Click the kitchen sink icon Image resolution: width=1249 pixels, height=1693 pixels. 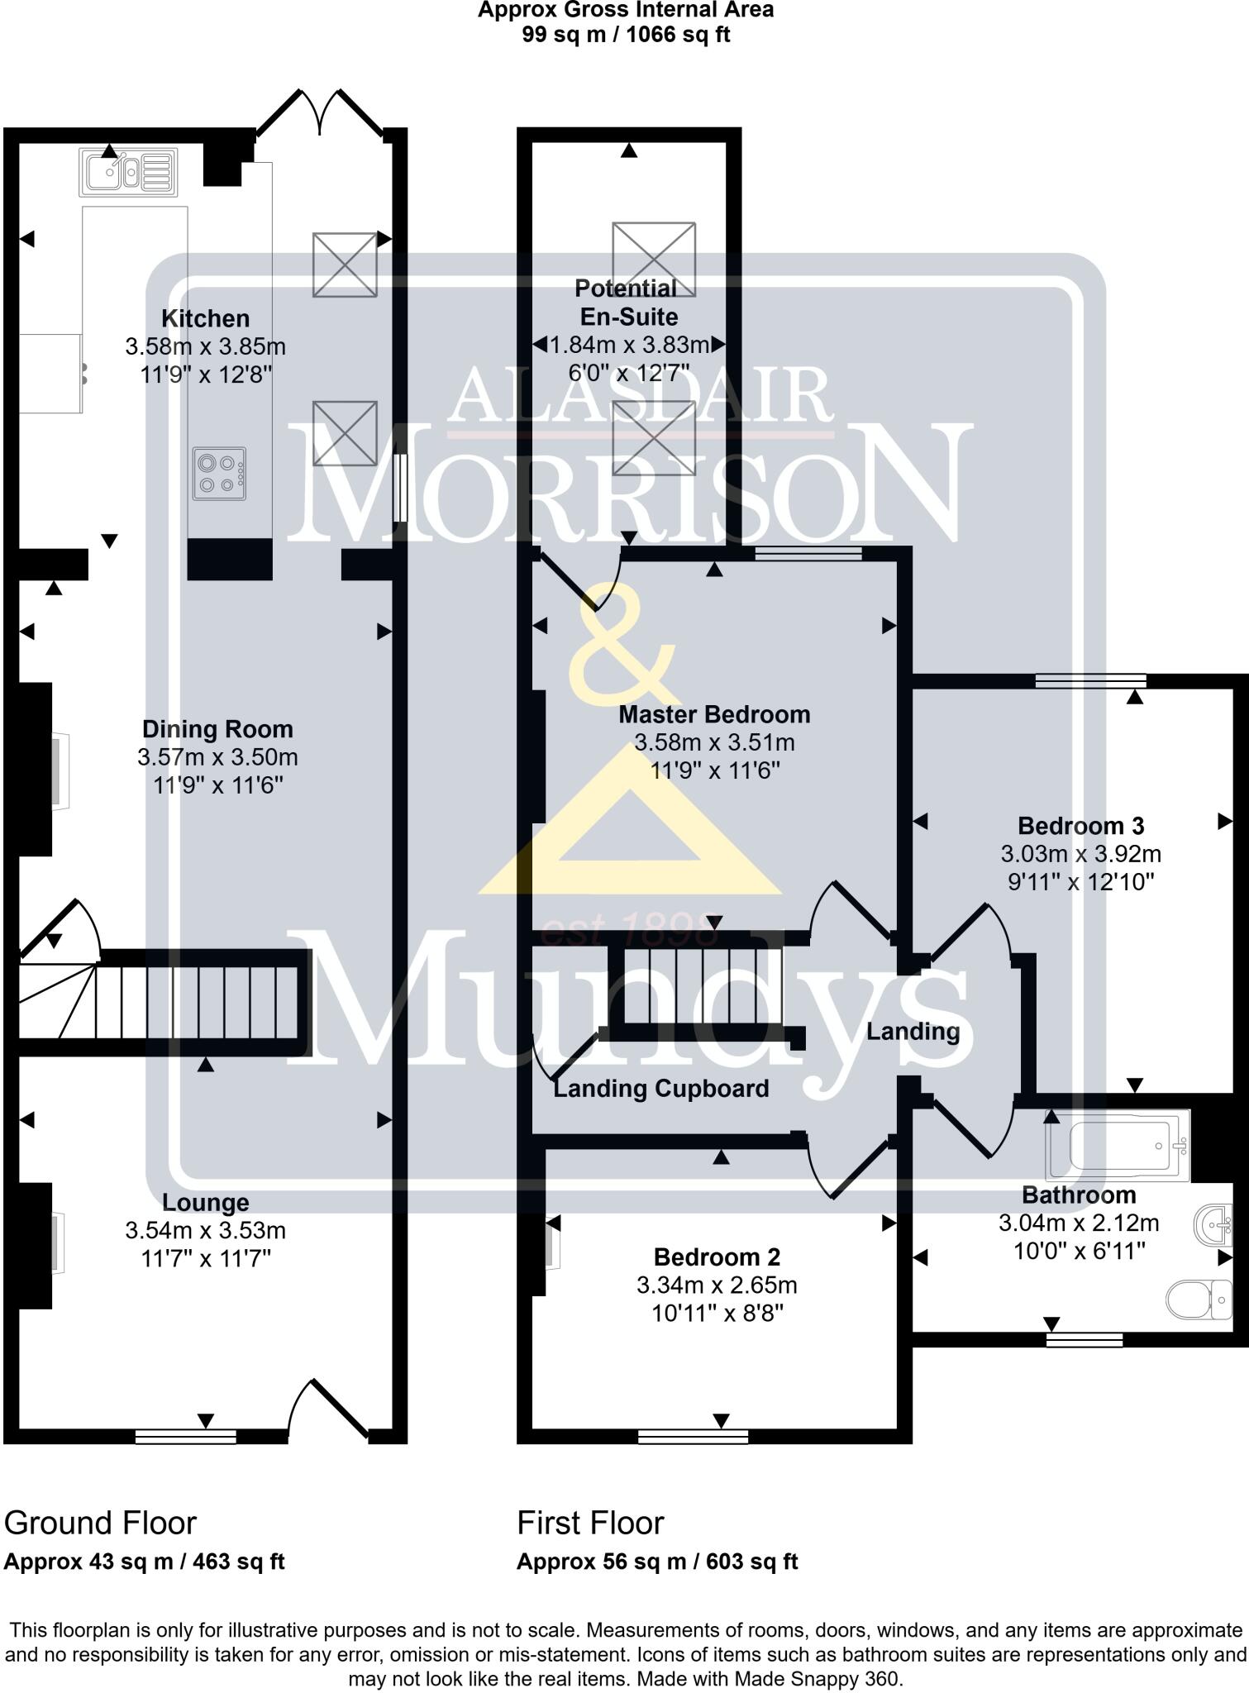coord(128,172)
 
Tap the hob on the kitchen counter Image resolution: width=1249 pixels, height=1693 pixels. coord(219,474)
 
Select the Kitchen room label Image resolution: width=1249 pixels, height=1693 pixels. coord(205,318)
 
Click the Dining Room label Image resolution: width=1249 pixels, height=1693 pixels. coord(217,729)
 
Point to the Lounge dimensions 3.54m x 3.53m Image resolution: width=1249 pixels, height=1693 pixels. coord(205,1231)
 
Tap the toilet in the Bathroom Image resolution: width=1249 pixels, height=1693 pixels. coord(1199,1300)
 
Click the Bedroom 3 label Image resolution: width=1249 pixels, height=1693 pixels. coord(1080,826)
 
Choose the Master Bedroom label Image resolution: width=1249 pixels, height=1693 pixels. coord(714,714)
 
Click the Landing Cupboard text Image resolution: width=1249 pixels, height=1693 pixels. coord(660,1089)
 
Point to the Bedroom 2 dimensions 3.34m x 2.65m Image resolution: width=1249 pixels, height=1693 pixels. coord(717,1285)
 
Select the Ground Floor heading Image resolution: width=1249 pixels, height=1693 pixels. coord(100,1522)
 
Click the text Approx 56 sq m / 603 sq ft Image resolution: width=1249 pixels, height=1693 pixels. coord(657,1562)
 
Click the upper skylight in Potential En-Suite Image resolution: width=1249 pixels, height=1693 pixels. coord(653,259)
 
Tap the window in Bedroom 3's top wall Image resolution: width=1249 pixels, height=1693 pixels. coord(1090,681)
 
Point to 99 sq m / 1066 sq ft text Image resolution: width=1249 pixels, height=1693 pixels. coord(626,35)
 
